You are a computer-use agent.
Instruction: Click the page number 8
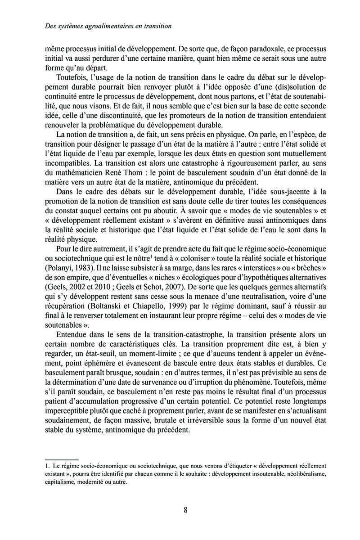185,510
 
